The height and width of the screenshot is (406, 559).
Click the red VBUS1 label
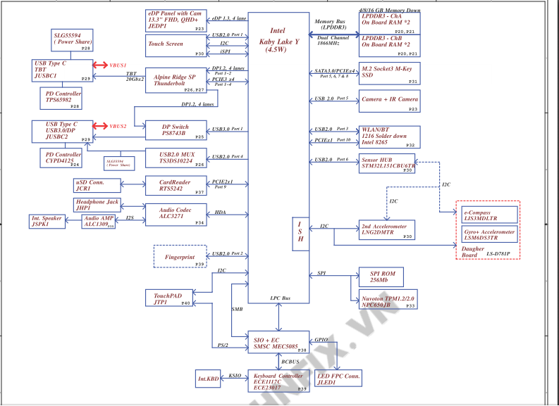click(x=118, y=65)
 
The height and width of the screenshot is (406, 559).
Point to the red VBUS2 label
click(x=118, y=127)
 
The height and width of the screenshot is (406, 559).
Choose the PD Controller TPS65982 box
click(x=63, y=97)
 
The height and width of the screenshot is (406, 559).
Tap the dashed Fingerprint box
click(x=180, y=257)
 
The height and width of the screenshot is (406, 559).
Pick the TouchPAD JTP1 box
click(x=169, y=298)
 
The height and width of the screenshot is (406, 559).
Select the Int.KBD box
click(x=209, y=379)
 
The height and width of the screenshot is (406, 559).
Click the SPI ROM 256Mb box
click(x=381, y=277)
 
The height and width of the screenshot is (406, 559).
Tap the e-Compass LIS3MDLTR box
click(x=487, y=215)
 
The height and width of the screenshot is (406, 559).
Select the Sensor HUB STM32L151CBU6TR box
click(x=386, y=162)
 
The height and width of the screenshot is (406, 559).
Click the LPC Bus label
click(x=280, y=299)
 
